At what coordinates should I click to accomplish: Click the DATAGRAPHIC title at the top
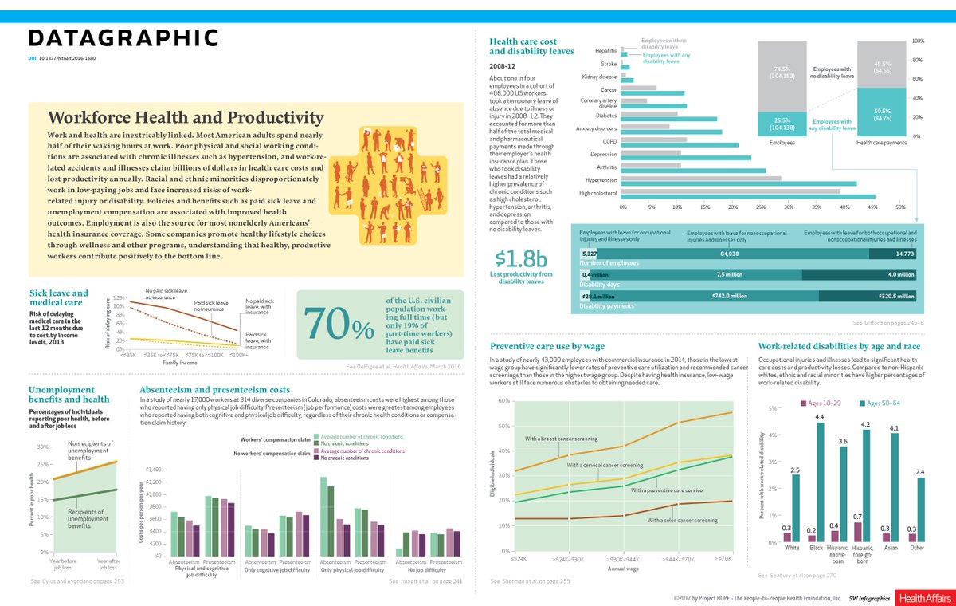click(123, 38)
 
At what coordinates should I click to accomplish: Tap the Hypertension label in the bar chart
click(601, 180)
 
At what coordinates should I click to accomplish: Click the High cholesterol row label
click(597, 194)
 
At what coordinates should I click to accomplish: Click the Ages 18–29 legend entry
click(825, 403)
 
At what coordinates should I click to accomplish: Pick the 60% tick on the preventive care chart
click(503, 400)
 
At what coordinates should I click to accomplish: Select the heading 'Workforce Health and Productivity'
click(186, 118)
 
